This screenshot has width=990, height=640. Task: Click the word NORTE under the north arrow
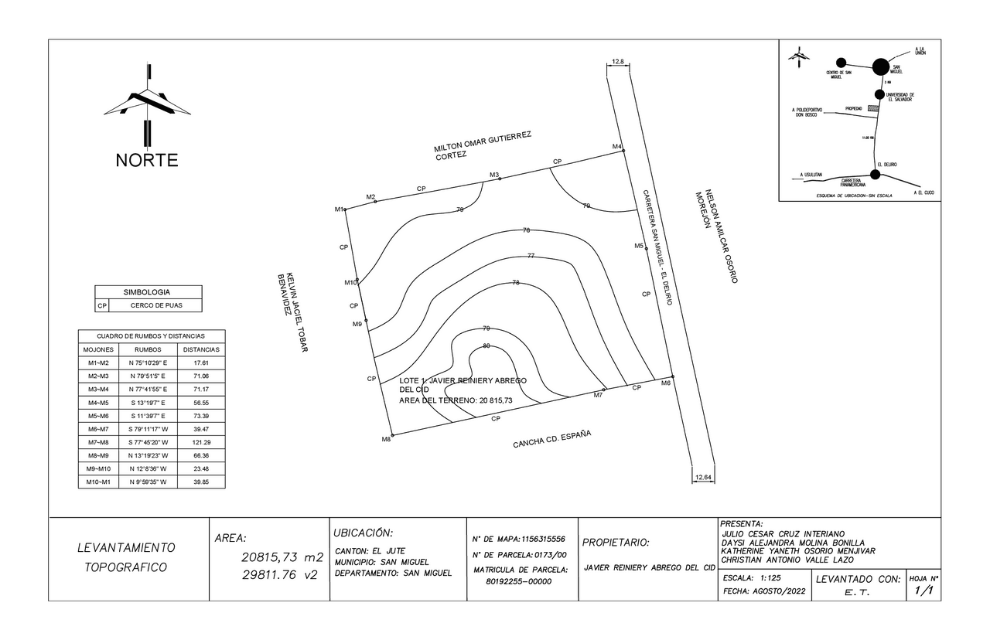pos(147,161)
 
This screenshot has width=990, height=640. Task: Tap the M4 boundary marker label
pos(616,146)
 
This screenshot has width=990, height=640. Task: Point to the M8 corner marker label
pos(386,439)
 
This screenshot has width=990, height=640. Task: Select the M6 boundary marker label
pos(665,383)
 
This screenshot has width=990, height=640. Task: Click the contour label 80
pos(486,346)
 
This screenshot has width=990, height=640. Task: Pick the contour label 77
pos(531,256)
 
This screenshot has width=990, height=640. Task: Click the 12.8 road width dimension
pos(617,61)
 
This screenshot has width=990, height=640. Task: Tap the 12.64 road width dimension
pos(703,477)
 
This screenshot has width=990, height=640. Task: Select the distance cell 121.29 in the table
pos(201,442)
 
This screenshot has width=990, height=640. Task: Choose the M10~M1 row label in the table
pos(98,482)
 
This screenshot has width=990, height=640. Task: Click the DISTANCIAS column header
pos(201,349)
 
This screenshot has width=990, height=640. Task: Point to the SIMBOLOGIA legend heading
pos(147,292)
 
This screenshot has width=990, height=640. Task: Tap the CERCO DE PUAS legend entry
pos(155,306)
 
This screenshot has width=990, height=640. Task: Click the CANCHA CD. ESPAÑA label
pos(551,439)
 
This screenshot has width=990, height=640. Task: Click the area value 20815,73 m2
pos(282,557)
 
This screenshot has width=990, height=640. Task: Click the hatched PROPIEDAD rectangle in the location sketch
pos(872,109)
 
